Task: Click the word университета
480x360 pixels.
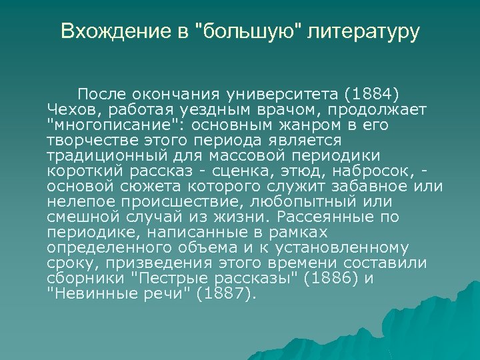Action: pos(271,91)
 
